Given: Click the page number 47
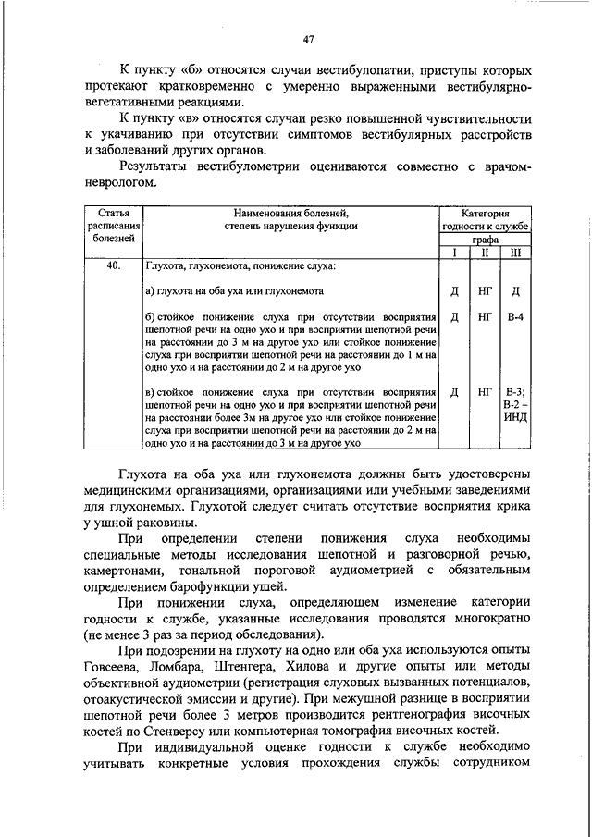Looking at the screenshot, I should point(309,38).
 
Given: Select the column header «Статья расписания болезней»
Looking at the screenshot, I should point(114,225).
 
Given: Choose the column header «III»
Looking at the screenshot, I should point(515,252).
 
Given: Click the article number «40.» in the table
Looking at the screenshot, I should point(114,267).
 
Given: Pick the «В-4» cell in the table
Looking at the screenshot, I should point(515,316).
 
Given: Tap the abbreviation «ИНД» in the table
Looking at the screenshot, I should point(515,418).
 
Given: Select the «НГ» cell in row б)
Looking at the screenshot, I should point(485,316).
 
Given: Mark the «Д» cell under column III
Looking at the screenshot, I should point(515,291).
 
